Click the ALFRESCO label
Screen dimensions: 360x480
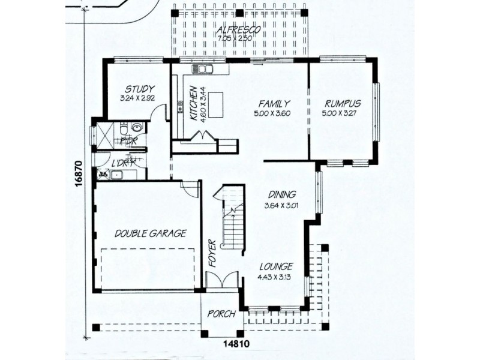239,29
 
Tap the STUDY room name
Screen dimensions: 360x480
140,89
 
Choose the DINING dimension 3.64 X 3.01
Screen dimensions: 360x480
281,206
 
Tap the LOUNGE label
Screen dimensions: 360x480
276,266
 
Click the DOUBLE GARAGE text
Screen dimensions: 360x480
151,233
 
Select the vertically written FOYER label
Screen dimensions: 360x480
211,252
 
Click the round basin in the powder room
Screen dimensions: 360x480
137,128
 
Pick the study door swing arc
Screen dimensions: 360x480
158,113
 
